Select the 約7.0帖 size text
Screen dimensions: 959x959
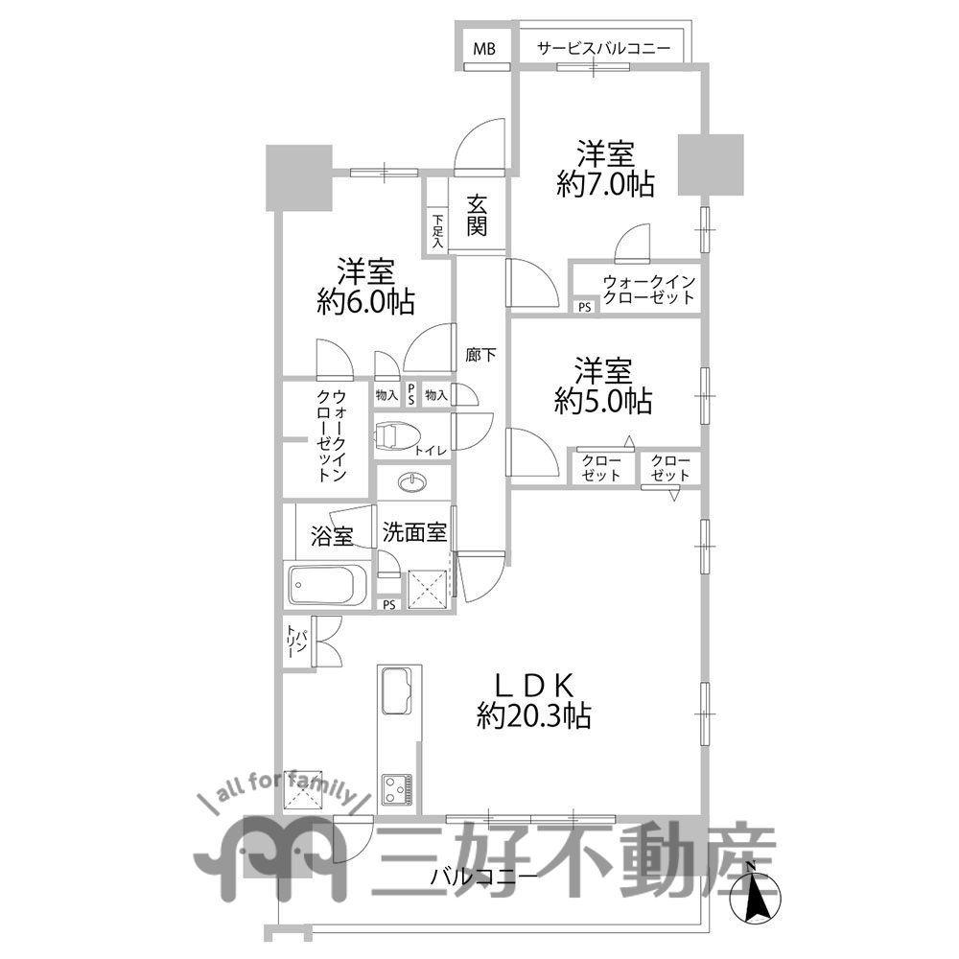point(605,185)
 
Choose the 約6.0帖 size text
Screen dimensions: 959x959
point(365,303)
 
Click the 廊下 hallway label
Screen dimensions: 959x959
point(480,355)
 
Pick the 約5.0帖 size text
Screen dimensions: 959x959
point(603,402)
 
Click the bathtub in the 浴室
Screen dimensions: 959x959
point(327,584)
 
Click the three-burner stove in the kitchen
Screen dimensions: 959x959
point(398,790)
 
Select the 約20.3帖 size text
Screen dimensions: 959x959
point(533,715)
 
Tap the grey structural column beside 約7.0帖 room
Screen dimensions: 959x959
point(711,164)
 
